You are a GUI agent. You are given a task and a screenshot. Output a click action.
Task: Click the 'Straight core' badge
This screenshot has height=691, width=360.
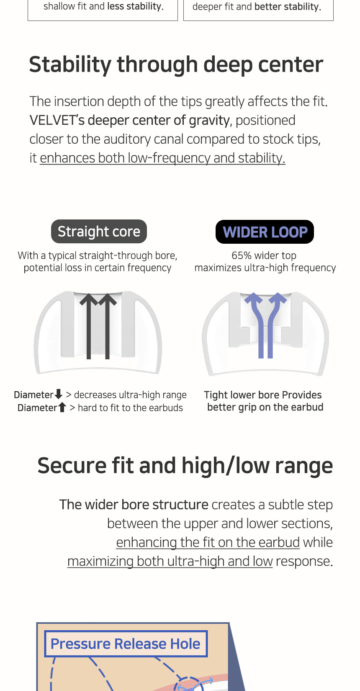click(x=99, y=231)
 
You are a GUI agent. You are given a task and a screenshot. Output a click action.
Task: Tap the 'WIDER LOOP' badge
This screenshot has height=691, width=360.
click(x=265, y=232)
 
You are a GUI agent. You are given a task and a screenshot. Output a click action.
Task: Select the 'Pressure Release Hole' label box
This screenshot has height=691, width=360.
click(x=126, y=644)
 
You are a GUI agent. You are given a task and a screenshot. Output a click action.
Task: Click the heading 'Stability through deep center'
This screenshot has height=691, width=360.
click(x=176, y=64)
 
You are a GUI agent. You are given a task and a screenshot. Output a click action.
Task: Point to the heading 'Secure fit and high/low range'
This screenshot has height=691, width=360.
click(x=185, y=466)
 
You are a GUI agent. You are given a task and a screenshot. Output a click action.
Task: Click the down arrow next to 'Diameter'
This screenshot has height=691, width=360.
click(x=58, y=394)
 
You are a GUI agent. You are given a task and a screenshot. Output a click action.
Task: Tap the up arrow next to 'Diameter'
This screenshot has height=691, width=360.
click(x=62, y=407)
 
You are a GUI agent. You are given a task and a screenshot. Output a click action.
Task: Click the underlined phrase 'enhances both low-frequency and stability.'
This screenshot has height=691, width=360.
click(x=162, y=158)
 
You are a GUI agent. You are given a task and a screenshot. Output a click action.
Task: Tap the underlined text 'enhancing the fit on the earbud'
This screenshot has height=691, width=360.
click(x=208, y=542)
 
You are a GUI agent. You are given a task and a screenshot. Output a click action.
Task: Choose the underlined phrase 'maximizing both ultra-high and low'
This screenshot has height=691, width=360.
click(x=170, y=561)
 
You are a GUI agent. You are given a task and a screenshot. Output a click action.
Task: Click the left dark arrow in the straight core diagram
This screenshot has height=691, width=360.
click(x=89, y=326)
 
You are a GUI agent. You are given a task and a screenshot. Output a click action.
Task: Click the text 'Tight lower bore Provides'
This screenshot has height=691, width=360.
click(x=262, y=395)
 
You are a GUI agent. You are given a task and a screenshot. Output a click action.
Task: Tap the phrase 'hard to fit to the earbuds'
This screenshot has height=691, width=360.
click(x=130, y=408)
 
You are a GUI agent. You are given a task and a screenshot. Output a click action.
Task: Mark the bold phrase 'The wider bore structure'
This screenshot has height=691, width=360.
click(x=134, y=505)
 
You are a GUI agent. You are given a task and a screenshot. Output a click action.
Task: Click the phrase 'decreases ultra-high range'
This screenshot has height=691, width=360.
click(x=130, y=395)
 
